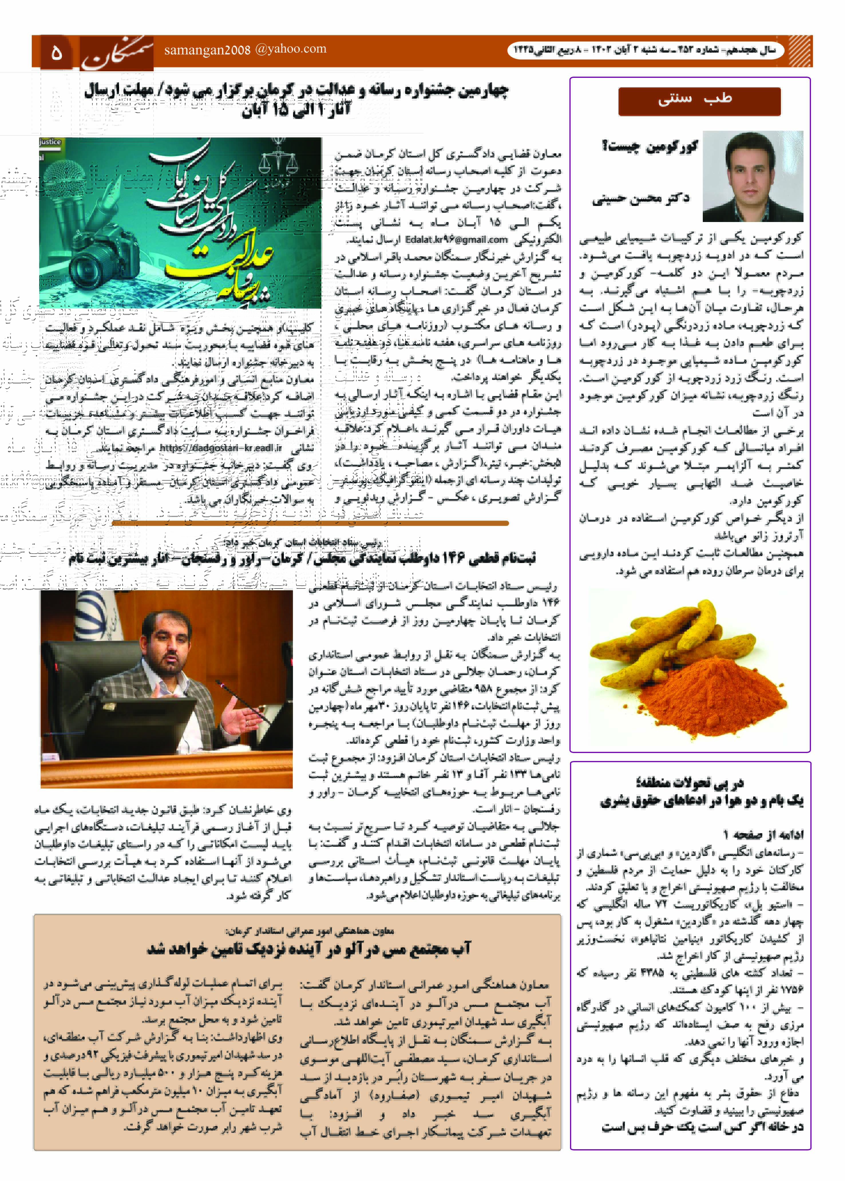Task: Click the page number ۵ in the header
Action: pyautogui.click(x=56, y=52)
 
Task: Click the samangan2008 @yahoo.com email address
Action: pyautogui.click(x=245, y=49)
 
